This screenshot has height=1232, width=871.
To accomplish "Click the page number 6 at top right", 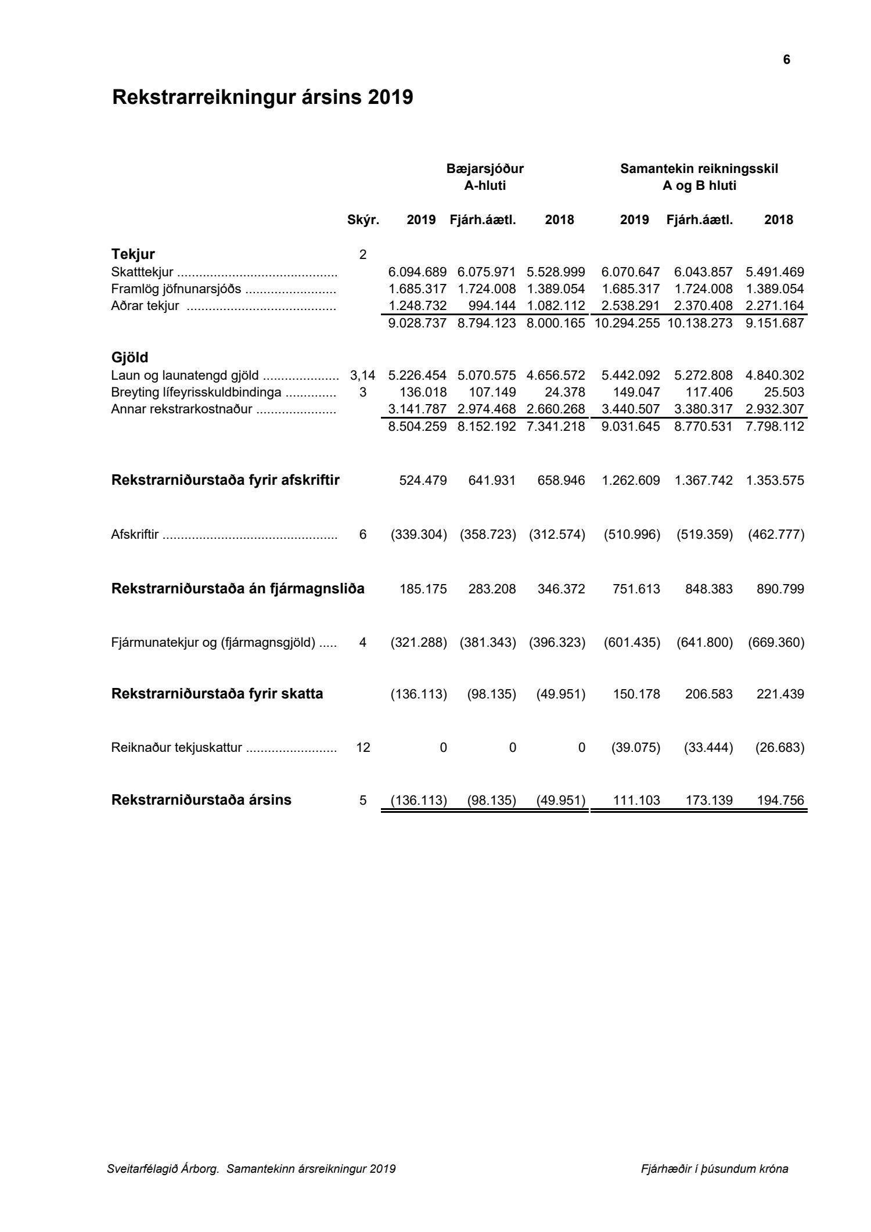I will coord(786,60).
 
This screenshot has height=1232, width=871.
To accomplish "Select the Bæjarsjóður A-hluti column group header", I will coord(485,177).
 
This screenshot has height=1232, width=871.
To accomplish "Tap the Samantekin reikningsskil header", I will coord(699,169).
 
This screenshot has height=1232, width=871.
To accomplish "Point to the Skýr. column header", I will coord(363,220).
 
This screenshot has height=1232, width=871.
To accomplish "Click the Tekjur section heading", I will coord(133,254).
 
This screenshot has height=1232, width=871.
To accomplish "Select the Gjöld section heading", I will coord(129,357).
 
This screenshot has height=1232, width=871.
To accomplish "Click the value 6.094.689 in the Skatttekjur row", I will coord(417,272).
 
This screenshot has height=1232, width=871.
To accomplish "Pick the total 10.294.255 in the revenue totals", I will coord(627,323).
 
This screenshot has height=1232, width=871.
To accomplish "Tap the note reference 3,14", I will coord(363,376).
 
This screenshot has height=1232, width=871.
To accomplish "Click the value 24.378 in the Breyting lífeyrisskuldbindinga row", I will coord(564,392).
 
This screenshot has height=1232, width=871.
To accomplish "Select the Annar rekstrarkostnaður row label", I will coord(182,409).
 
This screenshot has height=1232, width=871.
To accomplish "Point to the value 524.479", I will coord(423,481).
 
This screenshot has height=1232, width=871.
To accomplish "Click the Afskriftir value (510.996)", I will coord(632,535).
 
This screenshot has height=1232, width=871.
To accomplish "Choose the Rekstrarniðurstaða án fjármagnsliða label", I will coord(237,589).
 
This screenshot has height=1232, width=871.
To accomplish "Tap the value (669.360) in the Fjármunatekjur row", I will coord(776,643).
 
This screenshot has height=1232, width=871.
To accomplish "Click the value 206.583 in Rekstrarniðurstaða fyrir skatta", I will coord(709,694).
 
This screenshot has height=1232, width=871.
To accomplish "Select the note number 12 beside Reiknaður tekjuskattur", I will coord(363,748).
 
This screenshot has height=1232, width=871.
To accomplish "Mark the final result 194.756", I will coord(780,801).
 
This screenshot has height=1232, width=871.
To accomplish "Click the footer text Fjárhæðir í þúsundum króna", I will coord(714,1169).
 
